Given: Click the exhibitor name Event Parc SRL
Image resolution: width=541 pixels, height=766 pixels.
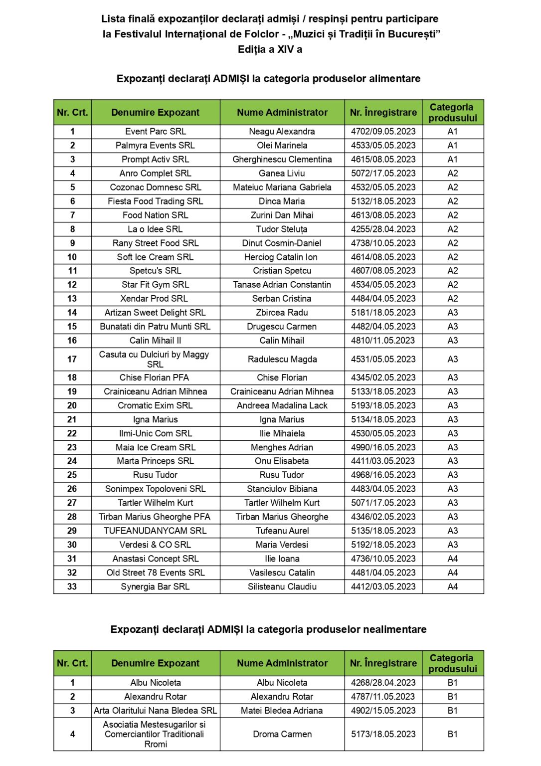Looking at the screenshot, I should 156,132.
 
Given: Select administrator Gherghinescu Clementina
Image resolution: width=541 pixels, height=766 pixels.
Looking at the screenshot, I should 282,160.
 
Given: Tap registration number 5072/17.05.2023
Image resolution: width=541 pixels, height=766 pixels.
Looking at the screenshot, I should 383,174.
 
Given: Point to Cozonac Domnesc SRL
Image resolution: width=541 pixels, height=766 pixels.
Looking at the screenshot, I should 156,188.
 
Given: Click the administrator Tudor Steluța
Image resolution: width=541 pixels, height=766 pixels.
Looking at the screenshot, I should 282,229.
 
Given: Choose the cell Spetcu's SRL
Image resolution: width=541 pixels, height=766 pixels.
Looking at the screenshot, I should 156,271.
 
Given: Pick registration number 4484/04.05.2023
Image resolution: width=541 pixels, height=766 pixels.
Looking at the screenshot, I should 383,299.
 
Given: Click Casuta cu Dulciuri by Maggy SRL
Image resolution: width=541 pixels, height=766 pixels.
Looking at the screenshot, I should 155,359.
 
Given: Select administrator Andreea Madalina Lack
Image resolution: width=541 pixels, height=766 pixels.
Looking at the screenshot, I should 282,405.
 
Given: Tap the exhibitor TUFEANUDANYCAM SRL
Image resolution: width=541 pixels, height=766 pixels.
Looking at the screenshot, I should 155,531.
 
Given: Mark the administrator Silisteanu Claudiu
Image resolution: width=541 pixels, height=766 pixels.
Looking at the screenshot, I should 282,586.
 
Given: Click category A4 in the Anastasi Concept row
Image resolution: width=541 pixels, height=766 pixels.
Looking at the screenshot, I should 452,559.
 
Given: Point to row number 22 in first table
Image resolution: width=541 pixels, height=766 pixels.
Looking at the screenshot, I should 72,433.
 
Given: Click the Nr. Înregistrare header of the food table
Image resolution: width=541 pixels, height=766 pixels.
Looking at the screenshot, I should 383,113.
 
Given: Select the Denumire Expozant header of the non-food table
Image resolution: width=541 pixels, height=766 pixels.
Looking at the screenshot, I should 155,663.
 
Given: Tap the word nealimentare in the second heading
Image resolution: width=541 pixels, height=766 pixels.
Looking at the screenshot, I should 395,629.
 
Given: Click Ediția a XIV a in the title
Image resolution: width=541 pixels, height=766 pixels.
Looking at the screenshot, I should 270,49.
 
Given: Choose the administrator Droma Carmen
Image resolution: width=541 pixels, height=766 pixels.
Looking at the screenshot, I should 282,734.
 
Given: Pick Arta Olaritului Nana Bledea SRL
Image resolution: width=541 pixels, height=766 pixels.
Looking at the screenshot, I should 155,711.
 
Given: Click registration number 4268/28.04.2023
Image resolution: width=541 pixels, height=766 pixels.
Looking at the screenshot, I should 383,683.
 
